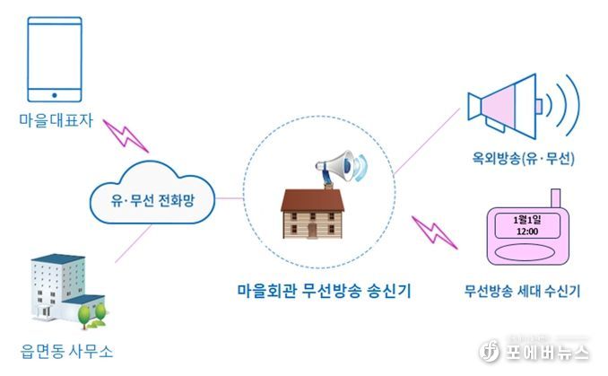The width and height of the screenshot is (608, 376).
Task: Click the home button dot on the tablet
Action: point(55,95)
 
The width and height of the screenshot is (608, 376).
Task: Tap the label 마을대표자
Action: point(56,120)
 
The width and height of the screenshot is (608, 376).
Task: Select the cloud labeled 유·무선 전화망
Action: point(152,193)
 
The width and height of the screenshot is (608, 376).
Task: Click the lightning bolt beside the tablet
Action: point(126,136)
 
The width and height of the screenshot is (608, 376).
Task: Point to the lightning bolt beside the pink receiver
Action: point(434,232)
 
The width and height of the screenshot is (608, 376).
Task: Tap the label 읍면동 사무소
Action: point(66,351)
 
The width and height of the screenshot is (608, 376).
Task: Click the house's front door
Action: point(313,231)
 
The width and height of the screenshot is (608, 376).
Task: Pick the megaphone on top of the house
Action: point(341,167)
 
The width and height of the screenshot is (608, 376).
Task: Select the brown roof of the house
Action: point(312,200)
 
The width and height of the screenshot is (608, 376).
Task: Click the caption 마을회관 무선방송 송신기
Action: point(324,291)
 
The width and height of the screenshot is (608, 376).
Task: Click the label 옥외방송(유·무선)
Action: point(523,158)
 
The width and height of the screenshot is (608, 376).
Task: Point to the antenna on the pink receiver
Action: point(556,198)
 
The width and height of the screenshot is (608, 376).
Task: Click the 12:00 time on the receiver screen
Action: point(527,232)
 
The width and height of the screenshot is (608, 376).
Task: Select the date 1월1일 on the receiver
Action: point(527,220)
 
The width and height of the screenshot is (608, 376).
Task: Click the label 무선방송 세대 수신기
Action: point(522,291)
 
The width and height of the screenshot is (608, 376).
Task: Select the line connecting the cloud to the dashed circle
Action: point(230,198)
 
